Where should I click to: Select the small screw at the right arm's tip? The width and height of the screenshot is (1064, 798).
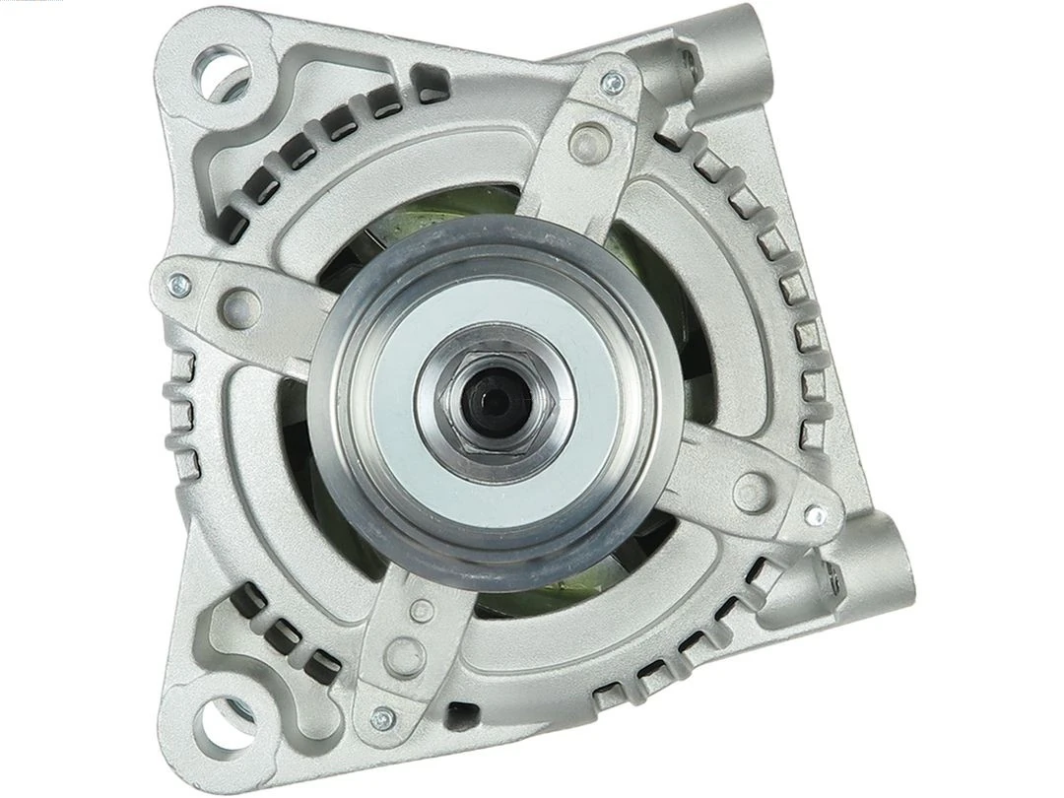(814, 514)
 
